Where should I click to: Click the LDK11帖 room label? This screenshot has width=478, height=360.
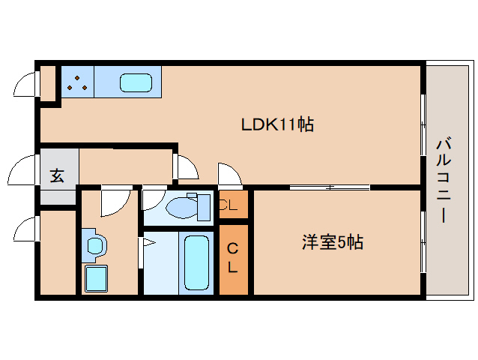pos(276,124)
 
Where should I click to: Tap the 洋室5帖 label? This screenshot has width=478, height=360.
pos(333,242)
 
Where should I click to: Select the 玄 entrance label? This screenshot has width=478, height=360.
pos(57,177)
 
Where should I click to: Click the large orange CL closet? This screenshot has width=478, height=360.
pos(233,258)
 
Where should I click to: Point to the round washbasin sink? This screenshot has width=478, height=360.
pos(95,245)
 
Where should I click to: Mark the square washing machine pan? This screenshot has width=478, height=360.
pos(96,278)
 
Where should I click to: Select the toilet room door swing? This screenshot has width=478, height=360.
pos(154,198)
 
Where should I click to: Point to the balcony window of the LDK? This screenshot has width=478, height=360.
pos(423,124)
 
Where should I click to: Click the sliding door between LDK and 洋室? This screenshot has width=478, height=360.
pos(329,187)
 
